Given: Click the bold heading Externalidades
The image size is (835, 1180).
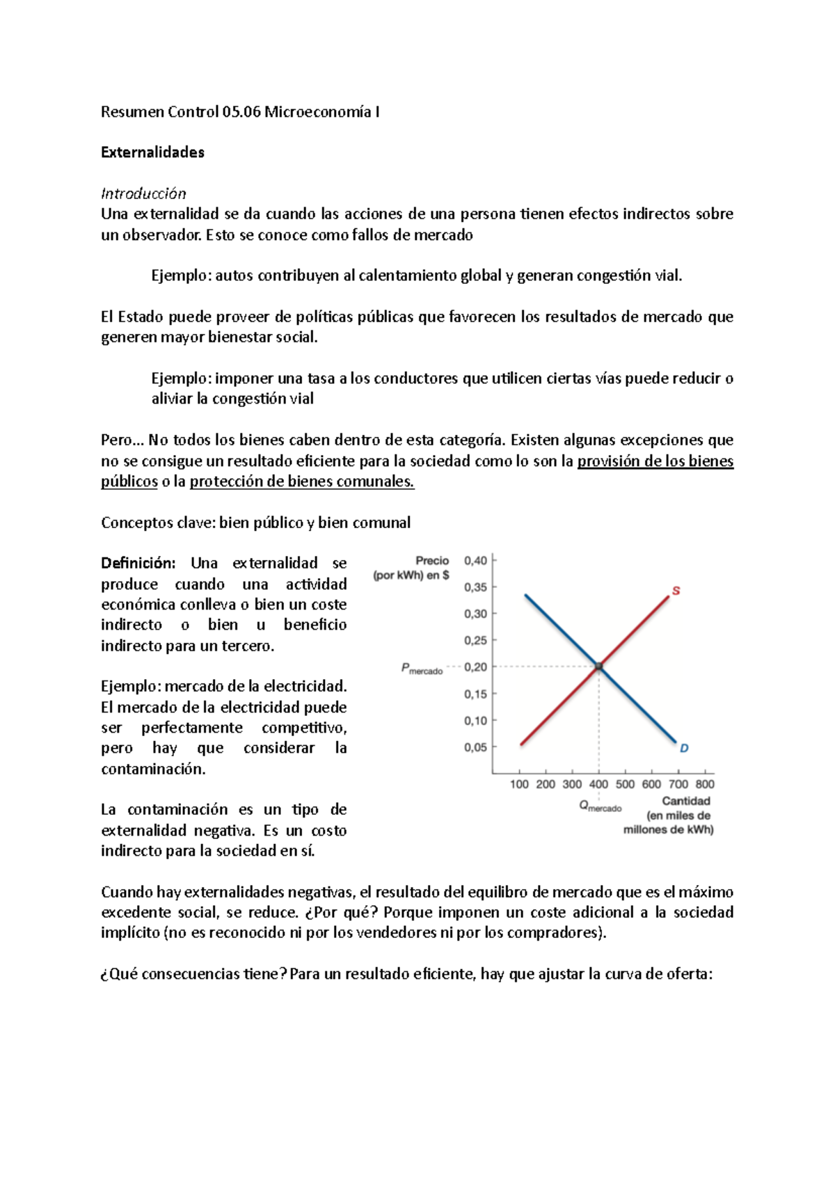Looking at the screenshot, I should (x=152, y=152).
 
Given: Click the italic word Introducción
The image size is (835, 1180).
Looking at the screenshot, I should (x=143, y=193).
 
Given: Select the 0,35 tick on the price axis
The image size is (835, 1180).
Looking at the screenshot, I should (x=476, y=587).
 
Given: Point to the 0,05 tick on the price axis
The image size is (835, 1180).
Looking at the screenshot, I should (x=476, y=747).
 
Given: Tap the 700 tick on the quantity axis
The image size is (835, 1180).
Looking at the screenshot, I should (x=678, y=784).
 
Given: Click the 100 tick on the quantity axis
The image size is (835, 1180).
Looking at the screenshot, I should (x=519, y=784).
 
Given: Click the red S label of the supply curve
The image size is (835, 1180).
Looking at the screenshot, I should (x=676, y=591).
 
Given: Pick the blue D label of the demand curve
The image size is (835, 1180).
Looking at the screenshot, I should (x=684, y=749).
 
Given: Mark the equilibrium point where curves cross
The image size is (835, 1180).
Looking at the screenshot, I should (x=598, y=667).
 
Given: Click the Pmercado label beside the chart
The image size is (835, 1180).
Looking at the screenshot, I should (x=422, y=669).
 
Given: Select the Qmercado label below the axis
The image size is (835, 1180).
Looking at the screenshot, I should (x=600, y=806).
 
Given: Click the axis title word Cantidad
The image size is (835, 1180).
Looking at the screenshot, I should (x=685, y=801).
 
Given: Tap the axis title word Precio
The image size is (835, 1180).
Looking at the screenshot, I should (x=432, y=561).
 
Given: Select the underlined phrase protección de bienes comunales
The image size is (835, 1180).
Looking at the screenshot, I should (x=302, y=481).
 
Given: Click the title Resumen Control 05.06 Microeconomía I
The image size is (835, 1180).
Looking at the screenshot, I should (x=240, y=112).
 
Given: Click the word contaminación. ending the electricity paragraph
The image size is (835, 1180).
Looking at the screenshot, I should (x=153, y=769).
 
